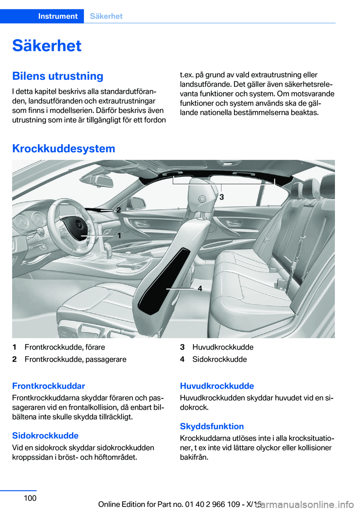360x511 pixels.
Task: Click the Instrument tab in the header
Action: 58,16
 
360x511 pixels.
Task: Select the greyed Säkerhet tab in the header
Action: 106,16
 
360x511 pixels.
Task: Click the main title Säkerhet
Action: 47,46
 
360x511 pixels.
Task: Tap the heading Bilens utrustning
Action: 58,76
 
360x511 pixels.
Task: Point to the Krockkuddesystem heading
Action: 64,149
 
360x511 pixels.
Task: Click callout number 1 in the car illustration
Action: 119,236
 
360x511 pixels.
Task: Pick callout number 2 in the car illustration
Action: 118,210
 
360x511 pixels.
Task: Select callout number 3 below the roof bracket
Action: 222,197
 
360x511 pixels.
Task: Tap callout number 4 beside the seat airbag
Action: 200,289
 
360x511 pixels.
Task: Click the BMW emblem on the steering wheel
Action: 79,225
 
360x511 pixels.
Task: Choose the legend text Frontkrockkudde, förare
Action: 64,347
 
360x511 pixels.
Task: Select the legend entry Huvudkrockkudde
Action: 223,347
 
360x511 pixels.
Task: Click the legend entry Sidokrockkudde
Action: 219,359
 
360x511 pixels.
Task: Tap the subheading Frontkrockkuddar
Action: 48,386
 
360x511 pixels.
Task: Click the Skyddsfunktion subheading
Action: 212,427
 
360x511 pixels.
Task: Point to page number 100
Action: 30,498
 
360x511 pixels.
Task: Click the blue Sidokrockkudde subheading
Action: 45,436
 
